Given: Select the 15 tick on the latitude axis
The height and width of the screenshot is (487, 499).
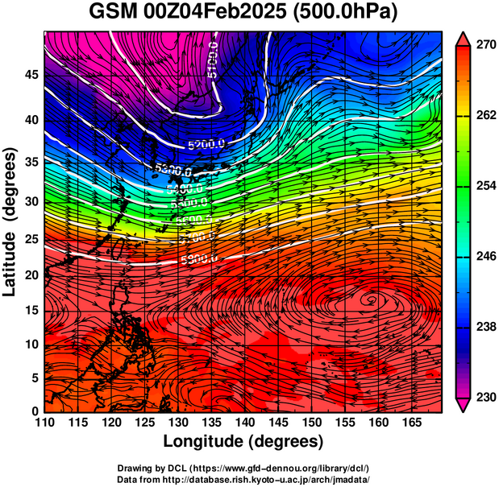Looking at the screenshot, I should [31, 311].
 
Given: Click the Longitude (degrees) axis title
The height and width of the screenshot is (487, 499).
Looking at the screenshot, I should [243, 442].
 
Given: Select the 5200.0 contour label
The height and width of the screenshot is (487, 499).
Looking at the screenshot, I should [206, 146].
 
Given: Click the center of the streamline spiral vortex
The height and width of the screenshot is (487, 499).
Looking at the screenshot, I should [372, 300].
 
